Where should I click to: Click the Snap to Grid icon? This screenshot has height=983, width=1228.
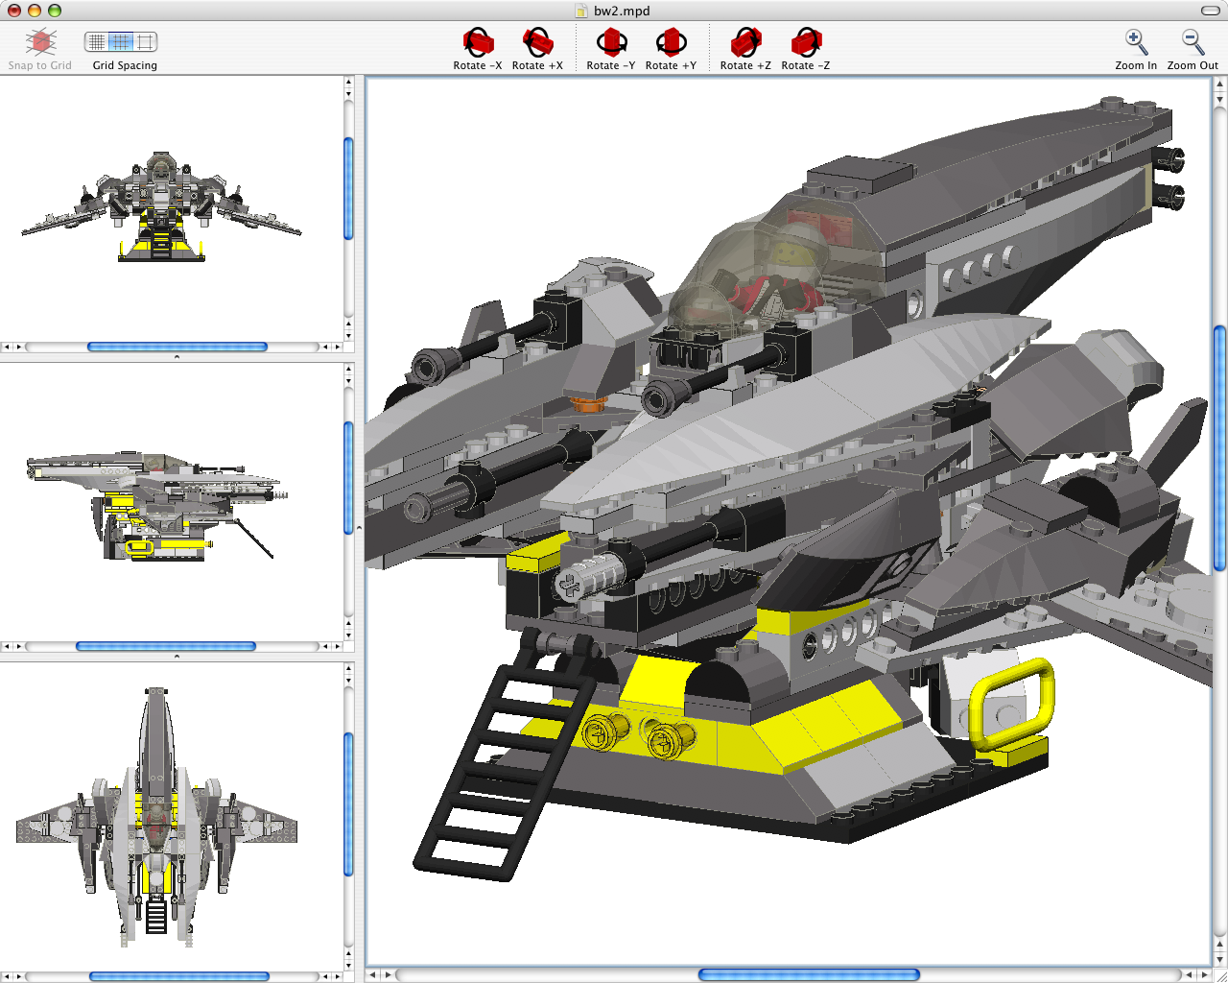tap(40, 43)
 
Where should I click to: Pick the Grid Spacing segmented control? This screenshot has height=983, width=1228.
tap(121, 42)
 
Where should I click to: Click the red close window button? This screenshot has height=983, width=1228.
tap(14, 11)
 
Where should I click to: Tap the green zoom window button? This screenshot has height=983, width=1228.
tap(55, 11)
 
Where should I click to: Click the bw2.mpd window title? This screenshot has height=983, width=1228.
tap(621, 11)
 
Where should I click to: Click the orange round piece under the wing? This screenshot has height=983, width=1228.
tap(586, 403)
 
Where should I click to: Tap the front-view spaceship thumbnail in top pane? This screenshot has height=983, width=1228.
tap(161, 206)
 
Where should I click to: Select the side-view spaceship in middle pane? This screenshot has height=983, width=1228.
tap(153, 504)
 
